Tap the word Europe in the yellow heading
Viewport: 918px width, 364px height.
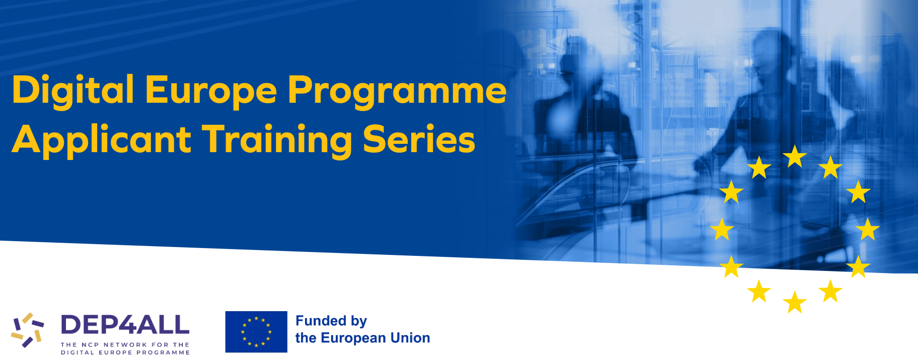point(211,91)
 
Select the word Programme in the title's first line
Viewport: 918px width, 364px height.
point(397,91)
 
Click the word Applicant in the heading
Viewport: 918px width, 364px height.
point(101,140)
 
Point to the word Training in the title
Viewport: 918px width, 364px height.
point(277,140)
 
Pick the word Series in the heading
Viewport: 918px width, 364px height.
point(419,139)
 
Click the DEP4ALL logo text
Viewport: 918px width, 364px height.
point(125,325)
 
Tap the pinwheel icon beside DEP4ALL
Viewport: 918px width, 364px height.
point(27,330)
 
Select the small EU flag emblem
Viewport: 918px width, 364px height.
point(256,332)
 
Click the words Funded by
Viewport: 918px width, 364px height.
point(331,321)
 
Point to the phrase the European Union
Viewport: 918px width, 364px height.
point(363,338)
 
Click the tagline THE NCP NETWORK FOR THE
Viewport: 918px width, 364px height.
point(125,345)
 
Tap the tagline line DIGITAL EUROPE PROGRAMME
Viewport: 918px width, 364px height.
point(125,352)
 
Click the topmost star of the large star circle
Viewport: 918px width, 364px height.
point(795,157)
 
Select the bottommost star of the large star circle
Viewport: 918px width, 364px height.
point(795,302)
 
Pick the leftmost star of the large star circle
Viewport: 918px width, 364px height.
point(722,229)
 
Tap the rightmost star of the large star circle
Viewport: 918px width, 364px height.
point(868,229)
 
